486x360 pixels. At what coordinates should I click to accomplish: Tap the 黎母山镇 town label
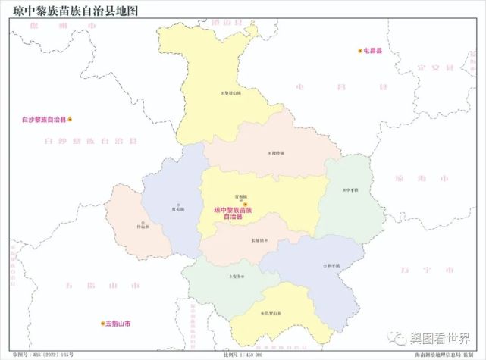[x=230, y=92]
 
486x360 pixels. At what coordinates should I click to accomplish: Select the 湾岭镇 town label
[x=276, y=152]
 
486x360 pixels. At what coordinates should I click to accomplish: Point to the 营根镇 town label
[x=240, y=196]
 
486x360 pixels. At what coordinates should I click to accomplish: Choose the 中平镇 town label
[x=350, y=189]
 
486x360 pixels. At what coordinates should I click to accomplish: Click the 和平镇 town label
[x=331, y=266]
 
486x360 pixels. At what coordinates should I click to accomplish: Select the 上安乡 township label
[x=236, y=276]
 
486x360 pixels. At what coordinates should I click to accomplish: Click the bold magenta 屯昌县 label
[x=374, y=50]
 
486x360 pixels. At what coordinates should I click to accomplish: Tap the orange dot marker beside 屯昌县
[x=360, y=50]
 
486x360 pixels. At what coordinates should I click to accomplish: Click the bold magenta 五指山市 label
[x=118, y=324]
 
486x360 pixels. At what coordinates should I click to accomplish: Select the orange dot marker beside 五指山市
[x=102, y=324]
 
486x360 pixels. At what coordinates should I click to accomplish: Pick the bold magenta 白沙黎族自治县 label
[x=44, y=120]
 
